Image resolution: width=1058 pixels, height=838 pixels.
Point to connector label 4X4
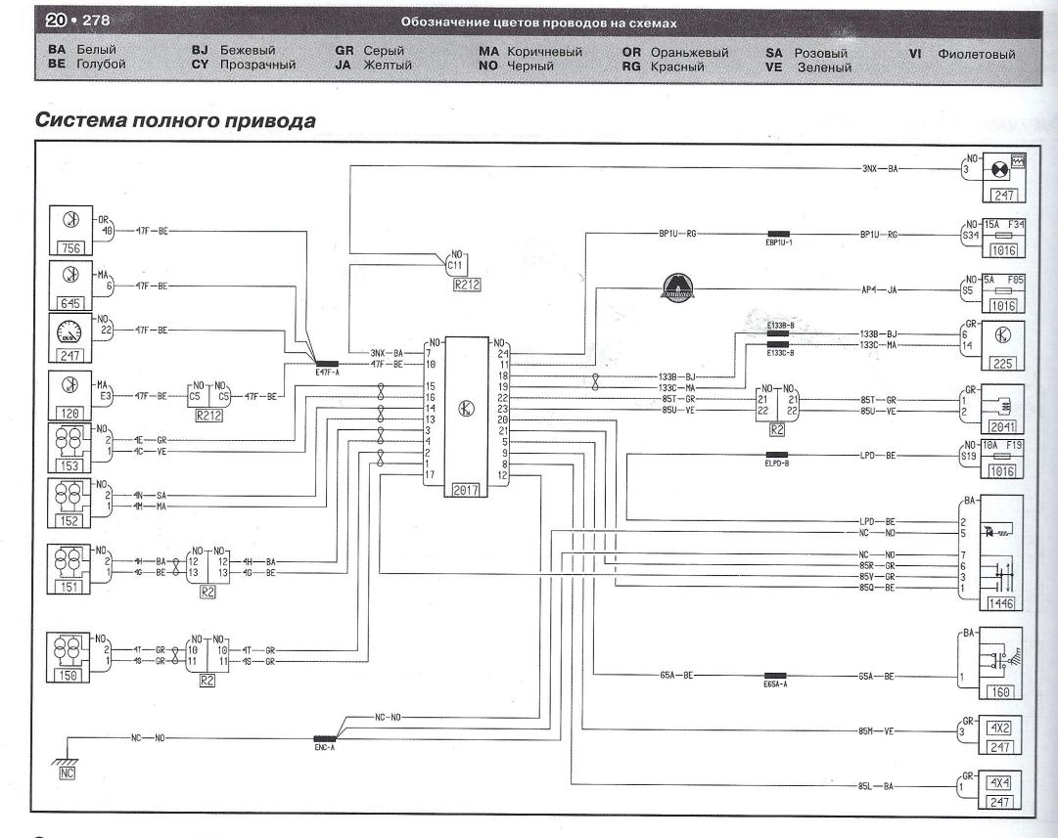coord(998,782)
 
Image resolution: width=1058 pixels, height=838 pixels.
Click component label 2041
coord(998,426)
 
